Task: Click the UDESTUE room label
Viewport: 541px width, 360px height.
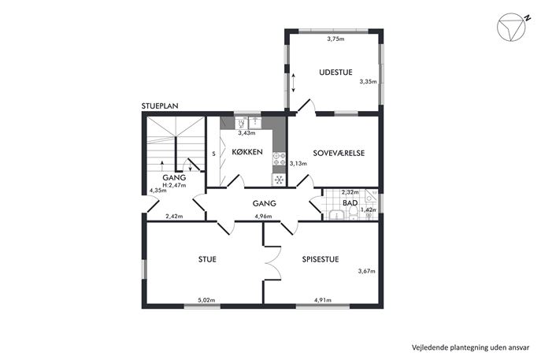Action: click(335, 72)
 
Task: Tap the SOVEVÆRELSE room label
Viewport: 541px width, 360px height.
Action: click(339, 153)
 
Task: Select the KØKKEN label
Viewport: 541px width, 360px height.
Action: click(247, 152)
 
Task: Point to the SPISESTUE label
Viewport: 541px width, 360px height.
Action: click(321, 259)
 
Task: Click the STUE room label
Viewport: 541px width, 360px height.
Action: click(207, 259)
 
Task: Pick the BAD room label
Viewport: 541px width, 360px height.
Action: click(350, 203)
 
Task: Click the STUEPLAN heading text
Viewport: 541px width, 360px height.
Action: click(160, 106)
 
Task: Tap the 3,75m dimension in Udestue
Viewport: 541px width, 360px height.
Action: click(335, 39)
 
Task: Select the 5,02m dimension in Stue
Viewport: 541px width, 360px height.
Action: click(206, 300)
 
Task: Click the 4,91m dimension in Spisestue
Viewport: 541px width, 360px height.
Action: click(323, 300)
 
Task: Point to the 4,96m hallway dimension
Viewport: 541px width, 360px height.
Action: click(263, 217)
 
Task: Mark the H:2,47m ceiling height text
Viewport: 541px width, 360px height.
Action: click(174, 185)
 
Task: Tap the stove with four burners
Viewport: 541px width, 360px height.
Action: click(279, 159)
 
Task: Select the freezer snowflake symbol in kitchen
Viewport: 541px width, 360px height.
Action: click(279, 180)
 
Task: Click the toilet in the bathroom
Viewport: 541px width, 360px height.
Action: click(354, 212)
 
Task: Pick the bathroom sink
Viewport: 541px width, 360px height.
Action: click(336, 215)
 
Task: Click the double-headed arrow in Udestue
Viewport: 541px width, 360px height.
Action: click(293, 83)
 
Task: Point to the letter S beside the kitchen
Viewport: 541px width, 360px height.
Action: click(214, 154)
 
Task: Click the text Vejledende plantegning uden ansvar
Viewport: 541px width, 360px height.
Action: click(470, 347)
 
